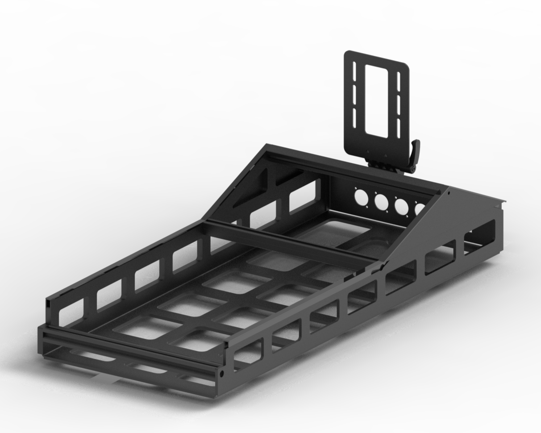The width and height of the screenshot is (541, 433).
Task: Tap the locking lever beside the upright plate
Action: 416,152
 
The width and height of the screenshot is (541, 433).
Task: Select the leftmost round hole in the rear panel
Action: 361,196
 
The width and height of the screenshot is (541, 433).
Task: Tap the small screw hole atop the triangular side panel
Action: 449,193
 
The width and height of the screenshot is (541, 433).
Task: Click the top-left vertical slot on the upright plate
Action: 355,71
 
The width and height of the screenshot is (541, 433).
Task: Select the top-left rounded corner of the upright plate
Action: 347,54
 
